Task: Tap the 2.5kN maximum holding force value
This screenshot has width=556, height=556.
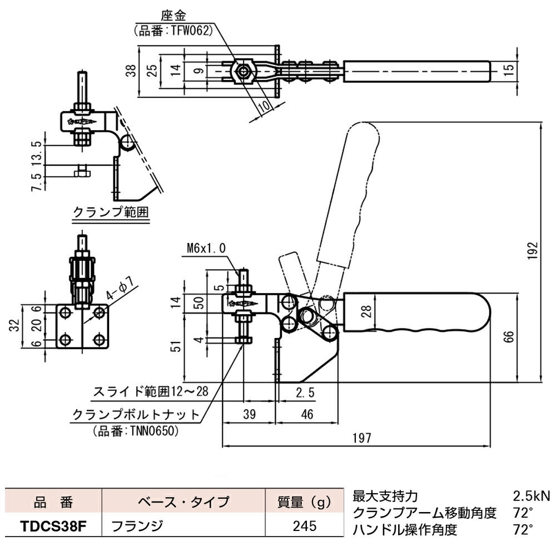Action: [x=530, y=495]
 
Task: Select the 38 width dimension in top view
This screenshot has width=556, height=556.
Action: [x=131, y=70]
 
